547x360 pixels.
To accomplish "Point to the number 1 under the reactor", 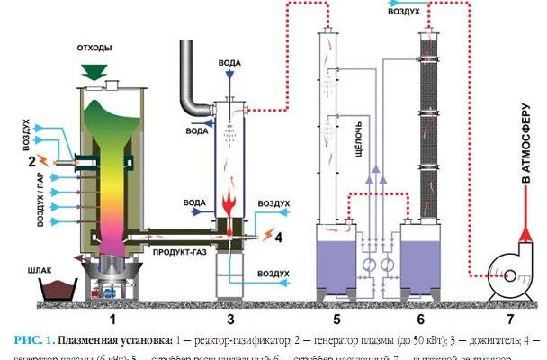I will (x=112, y=316).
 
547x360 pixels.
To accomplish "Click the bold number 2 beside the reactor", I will (x=31, y=162).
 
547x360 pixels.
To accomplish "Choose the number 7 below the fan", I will (x=512, y=316).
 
